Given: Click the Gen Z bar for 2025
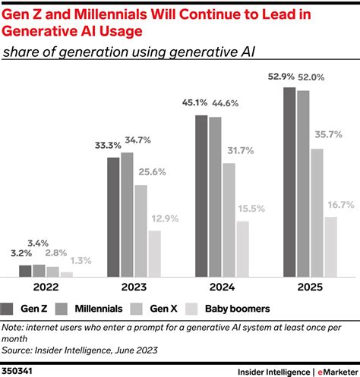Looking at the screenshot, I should coord(289,182).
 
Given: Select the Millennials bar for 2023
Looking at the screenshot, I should coord(127,214).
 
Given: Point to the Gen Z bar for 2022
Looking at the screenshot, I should coord(25,271).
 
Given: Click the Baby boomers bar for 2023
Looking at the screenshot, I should coord(154,253).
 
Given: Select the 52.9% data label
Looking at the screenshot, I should coord(281,77).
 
